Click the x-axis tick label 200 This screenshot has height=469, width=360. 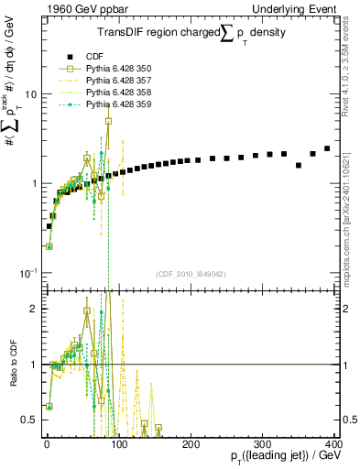(x=191, y=442)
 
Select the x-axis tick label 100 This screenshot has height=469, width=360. (x=119, y=442)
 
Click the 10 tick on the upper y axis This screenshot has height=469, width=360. (x=31, y=95)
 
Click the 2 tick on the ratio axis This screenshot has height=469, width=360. (x=35, y=309)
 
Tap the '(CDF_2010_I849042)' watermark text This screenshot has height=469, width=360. (x=191, y=274)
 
